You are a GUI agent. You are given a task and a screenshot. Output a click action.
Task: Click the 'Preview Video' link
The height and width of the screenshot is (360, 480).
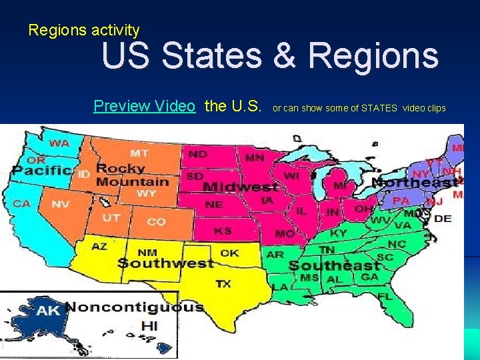pyautogui.click(x=144, y=106)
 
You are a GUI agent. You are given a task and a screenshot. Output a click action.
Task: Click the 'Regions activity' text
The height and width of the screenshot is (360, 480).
pyautogui.click(x=84, y=30)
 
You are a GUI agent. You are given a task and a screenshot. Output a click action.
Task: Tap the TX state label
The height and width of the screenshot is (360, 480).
pyautogui.click(x=223, y=284)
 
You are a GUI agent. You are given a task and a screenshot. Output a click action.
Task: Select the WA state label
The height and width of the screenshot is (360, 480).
pyautogui.click(x=59, y=143)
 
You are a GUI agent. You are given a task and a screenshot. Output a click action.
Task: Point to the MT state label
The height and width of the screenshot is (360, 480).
pyautogui.click(x=139, y=153)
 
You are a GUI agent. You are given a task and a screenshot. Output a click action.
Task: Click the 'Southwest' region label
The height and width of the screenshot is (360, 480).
pyautogui.click(x=165, y=263)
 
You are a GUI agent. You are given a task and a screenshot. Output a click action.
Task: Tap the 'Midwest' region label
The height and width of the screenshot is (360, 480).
pyautogui.click(x=240, y=187)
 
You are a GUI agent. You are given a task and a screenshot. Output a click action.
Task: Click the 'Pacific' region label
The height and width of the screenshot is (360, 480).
pyautogui.click(x=41, y=171)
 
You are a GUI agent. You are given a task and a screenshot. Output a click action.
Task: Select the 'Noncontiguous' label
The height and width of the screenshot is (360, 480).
pyautogui.click(x=134, y=307)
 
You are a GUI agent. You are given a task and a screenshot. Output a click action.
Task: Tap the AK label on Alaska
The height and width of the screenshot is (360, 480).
pyautogui.click(x=48, y=311)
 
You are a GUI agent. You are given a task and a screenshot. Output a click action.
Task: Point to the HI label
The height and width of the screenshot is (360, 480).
pyautogui.click(x=149, y=326)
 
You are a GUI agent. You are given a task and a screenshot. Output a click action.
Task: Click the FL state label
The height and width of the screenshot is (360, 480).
pyautogui.click(x=385, y=295)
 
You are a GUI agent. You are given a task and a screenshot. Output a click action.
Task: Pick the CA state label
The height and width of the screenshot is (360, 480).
pyautogui.click(x=22, y=203)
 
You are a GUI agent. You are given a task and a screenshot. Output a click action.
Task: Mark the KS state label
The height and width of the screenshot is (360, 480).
pyautogui.click(x=222, y=231)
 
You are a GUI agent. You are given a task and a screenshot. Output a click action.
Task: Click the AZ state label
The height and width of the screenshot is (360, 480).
pyautogui.click(x=99, y=247)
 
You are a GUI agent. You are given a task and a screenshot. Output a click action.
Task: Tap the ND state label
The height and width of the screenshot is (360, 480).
pyautogui.click(x=197, y=154)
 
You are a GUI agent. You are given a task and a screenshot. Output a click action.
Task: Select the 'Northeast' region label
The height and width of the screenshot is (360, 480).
pyautogui.click(x=414, y=182)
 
